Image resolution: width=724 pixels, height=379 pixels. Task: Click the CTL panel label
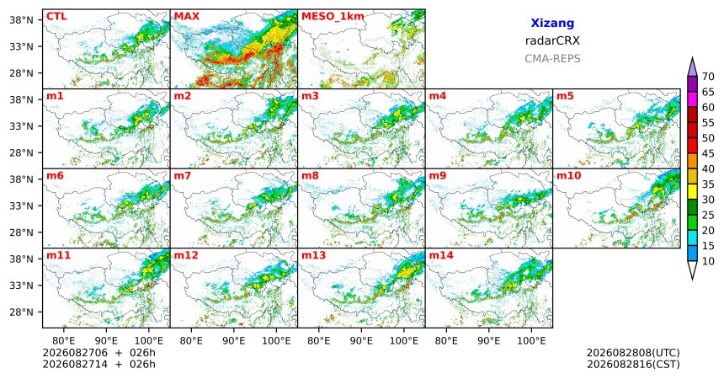click(x=56, y=17)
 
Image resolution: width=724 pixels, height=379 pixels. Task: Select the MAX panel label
click(x=187, y=17)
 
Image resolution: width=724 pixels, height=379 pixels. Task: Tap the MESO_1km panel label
click(x=333, y=17)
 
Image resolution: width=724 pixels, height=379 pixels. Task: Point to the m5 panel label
click(x=565, y=96)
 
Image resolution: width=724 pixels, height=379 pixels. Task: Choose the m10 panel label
click(x=568, y=176)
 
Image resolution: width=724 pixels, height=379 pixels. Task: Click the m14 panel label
click(x=441, y=255)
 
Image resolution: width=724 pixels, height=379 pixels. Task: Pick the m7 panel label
click(x=182, y=176)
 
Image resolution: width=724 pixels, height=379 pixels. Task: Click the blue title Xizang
click(x=552, y=23)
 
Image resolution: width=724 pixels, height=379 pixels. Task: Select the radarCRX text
click(x=552, y=40)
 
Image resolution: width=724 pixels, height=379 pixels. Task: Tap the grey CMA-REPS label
click(x=552, y=59)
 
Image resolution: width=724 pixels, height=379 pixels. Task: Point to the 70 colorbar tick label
click(x=708, y=77)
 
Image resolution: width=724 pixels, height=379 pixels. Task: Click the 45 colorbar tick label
click(x=708, y=153)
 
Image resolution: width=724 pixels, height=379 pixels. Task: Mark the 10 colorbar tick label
click(x=708, y=261)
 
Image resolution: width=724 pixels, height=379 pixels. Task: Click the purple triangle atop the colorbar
click(x=692, y=68)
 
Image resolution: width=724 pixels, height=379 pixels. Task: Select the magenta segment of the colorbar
click(x=692, y=99)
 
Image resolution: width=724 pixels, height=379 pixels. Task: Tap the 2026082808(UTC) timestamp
click(x=633, y=353)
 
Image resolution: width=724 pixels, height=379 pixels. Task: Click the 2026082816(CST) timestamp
click(x=633, y=364)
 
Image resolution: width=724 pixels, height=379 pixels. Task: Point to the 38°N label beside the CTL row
click(x=22, y=20)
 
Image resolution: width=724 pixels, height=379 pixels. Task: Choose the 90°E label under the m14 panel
click(x=488, y=341)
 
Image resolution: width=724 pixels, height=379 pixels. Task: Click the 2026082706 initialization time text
click(x=75, y=353)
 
